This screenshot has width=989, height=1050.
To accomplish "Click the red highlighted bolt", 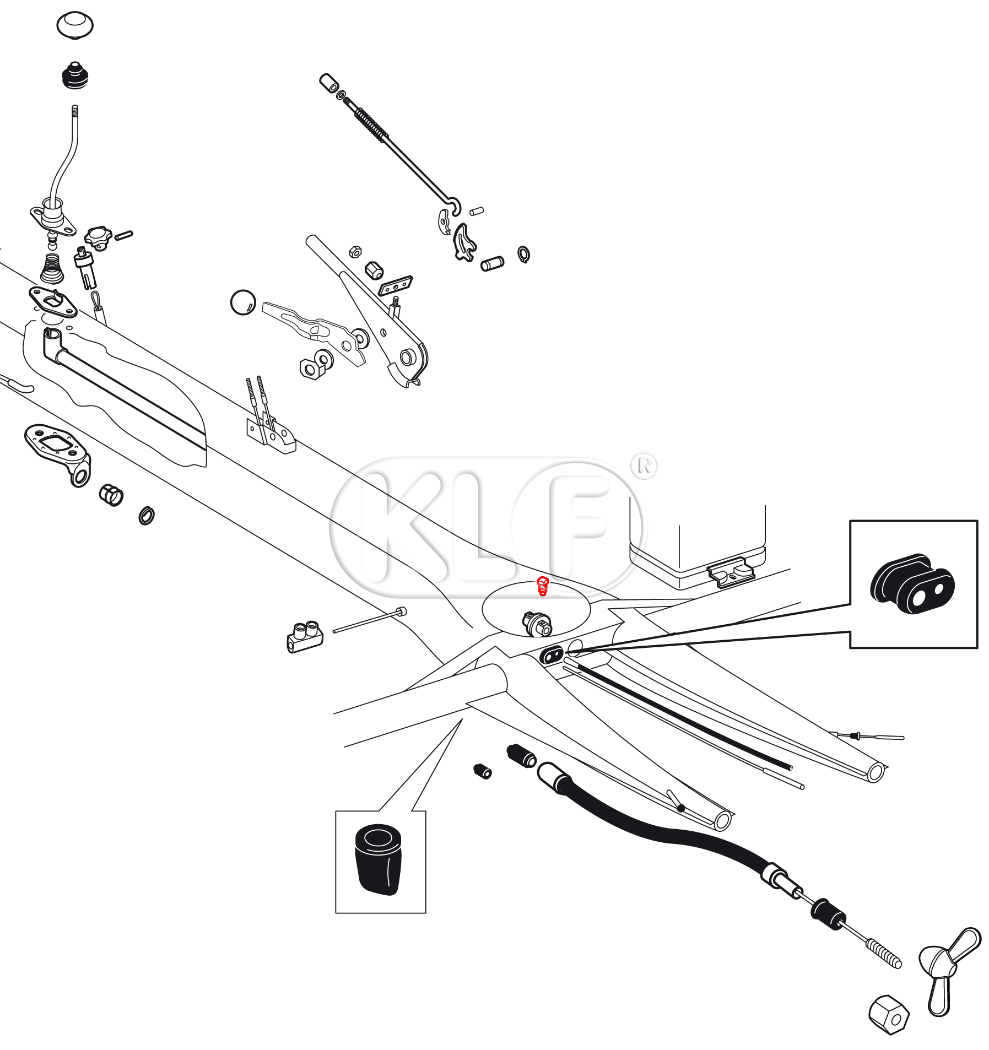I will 543,586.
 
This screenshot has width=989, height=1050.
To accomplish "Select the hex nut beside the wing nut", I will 888,1014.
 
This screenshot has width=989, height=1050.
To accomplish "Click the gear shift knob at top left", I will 75,25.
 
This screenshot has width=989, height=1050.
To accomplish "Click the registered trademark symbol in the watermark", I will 644,466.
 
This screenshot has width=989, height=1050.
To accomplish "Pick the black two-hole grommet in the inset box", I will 912,584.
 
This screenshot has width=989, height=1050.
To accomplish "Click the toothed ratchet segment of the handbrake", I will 463,241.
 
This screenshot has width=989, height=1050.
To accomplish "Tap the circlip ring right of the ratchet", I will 523,254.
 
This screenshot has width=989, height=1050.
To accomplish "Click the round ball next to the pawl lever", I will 242,302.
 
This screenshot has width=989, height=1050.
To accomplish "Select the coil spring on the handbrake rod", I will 371,123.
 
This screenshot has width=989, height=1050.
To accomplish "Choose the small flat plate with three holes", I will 396,286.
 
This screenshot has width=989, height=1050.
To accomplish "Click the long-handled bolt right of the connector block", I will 369,620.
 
